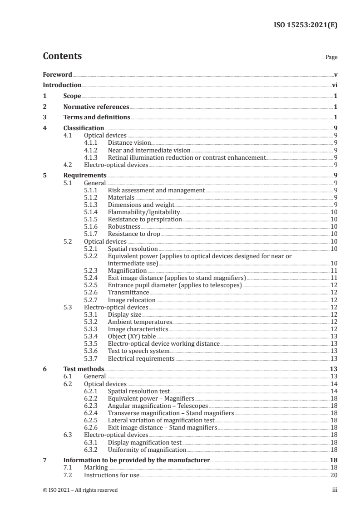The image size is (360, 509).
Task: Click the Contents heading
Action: tap(62, 57)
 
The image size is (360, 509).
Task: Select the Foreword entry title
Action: tap(57, 74)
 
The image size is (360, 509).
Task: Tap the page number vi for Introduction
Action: tap(334, 85)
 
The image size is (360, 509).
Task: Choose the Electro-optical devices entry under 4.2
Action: tap(116, 165)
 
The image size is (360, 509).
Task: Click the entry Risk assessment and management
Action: tap(156, 191)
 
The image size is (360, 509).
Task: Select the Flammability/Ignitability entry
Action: tap(144, 212)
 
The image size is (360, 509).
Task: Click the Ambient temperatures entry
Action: tap(140, 322)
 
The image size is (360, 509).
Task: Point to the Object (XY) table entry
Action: tap(132, 336)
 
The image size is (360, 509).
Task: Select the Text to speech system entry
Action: tap(138, 351)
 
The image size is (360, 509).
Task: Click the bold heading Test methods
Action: tap(84, 369)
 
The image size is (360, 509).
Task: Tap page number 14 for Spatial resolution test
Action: tap(334, 391)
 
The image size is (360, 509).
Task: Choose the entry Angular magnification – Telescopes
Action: tap(158, 406)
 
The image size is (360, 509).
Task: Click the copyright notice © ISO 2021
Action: tap(80, 490)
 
